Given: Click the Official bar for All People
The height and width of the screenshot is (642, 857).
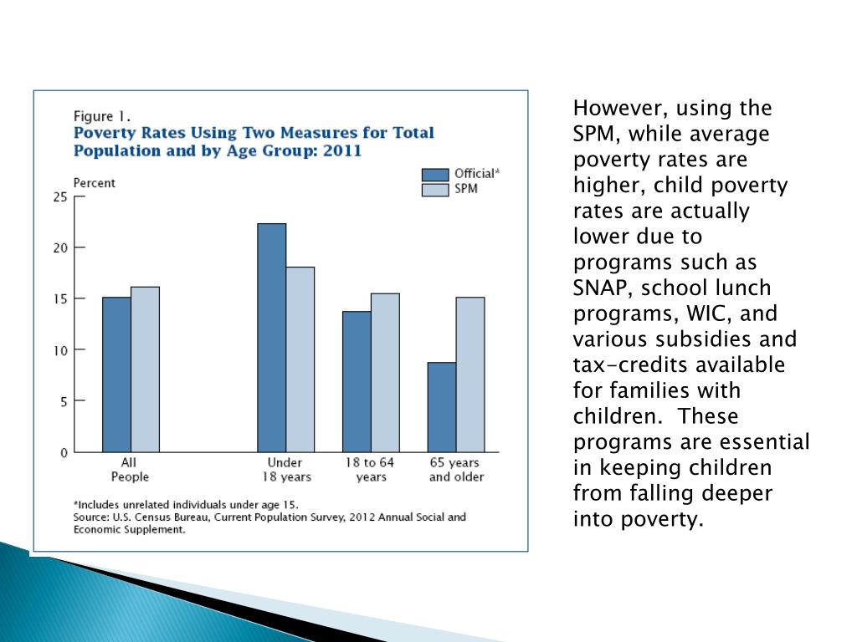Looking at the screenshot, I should pos(116,374).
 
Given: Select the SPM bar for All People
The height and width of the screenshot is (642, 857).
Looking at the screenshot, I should pos(145,369).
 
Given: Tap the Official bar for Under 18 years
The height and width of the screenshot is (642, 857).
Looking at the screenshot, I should pos(271,338).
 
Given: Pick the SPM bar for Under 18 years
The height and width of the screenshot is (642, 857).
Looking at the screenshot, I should pos(300,359).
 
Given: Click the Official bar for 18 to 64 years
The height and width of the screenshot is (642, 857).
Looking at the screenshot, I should pos(357,381).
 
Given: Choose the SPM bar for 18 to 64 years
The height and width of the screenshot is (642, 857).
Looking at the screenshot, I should pos(385,373).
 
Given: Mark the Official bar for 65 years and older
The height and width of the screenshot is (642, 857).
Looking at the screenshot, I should pos(442,407).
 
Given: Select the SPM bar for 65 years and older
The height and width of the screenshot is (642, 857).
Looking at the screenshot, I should pos(470,374).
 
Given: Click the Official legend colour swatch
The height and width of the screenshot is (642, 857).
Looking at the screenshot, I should pos(435,174).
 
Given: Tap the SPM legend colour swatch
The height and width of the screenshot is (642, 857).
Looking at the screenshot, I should pos(435,190).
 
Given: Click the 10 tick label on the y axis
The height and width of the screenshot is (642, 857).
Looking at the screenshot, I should pos(59,350).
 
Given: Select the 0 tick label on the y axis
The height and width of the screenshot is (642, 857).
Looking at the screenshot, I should pos(63,453).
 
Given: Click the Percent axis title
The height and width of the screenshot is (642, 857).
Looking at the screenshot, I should pos(95,183).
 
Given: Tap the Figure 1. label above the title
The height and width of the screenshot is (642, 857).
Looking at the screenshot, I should pos(102,116).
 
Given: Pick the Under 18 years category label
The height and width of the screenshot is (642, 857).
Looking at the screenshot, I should pos(285,470).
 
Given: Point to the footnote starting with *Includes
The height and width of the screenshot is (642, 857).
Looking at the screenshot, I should pos(185,504).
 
